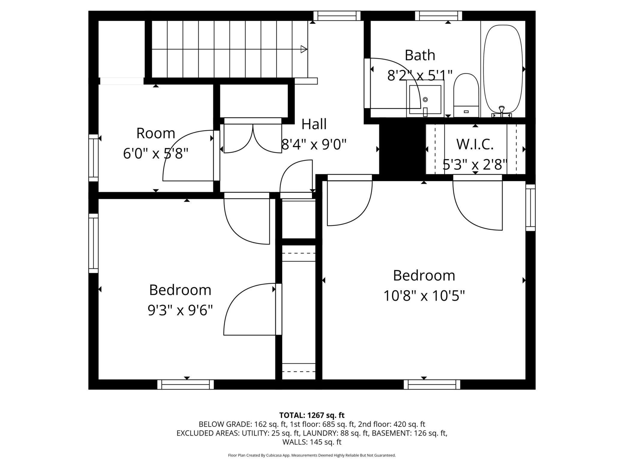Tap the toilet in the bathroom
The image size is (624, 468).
466,95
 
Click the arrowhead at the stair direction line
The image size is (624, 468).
304,49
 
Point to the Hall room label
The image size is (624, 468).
314,124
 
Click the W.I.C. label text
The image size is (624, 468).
475,144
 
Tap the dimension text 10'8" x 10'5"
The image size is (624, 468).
424,296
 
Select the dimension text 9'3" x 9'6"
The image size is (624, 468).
180,310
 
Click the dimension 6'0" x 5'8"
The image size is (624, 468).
156,154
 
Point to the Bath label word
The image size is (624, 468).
420,55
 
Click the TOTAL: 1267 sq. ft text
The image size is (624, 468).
312,415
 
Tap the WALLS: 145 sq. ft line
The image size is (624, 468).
312,442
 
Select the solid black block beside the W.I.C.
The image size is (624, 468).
402,149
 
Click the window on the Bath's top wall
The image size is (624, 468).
439,16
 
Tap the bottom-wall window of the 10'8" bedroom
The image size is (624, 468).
432,385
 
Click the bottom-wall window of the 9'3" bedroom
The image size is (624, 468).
186,385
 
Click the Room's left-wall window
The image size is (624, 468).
94,158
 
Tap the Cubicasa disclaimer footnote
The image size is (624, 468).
312,455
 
